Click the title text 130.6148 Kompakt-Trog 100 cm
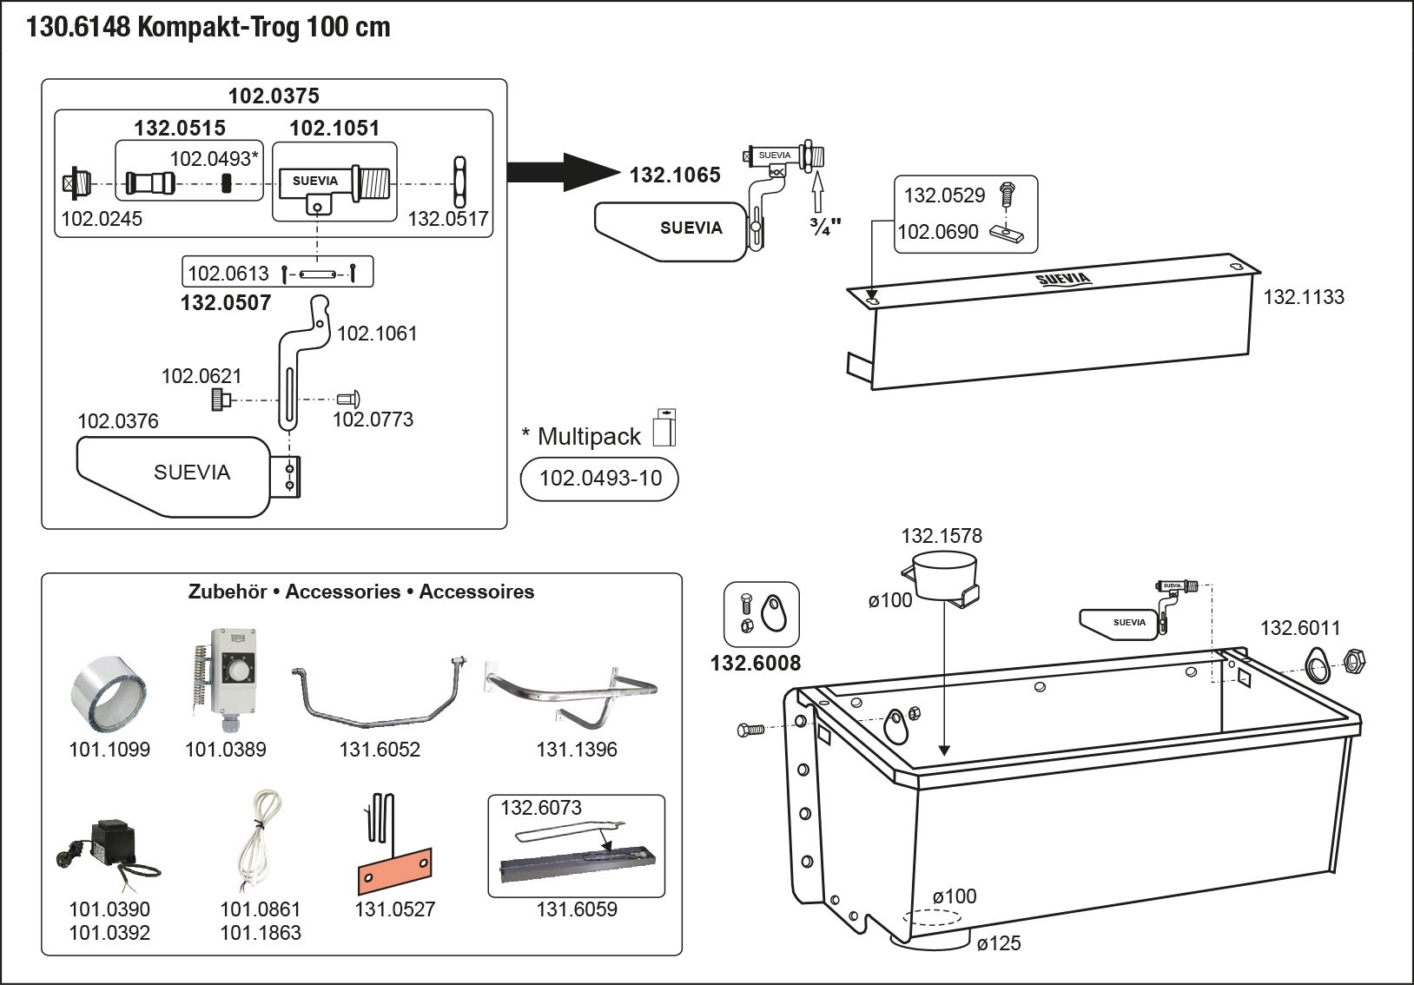click(208, 28)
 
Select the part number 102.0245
click(102, 219)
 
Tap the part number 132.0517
click(448, 219)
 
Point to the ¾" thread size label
click(824, 228)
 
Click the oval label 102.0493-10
click(599, 479)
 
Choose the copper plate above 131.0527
click(394, 869)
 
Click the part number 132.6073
click(541, 808)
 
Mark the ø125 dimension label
click(999, 943)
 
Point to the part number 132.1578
click(942, 536)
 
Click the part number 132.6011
click(1300, 628)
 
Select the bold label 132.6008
click(756, 664)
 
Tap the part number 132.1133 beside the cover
click(1303, 297)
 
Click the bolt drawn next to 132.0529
click(1008, 193)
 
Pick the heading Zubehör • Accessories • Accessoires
click(361, 592)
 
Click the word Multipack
click(589, 436)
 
